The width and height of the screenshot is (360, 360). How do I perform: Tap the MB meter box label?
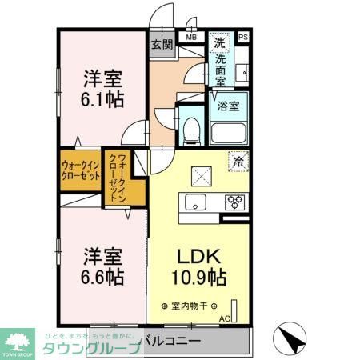coord(192,37)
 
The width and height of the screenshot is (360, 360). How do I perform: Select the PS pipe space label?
coord(243,37)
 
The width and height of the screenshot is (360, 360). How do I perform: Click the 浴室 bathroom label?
coord(228,106)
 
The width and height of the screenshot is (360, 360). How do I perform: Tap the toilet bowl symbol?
coord(190,131)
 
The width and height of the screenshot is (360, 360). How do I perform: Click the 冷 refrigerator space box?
coord(238,160)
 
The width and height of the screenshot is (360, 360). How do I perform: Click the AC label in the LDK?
coord(223,319)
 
